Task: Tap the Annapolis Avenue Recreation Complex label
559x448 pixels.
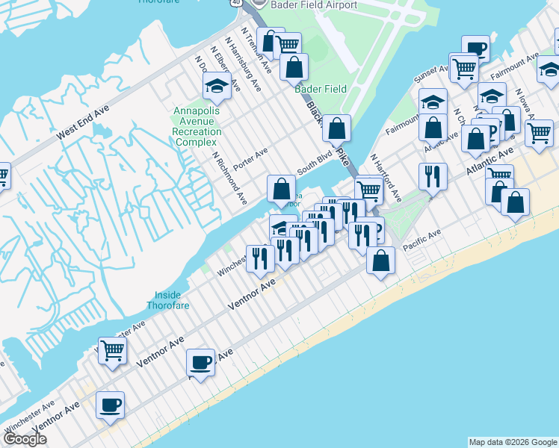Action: (x=197, y=126)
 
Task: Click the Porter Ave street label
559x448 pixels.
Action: (x=250, y=158)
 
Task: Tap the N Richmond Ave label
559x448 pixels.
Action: (x=229, y=179)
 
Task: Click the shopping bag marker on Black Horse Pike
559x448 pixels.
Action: (x=338, y=128)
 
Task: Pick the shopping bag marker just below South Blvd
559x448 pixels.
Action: (x=281, y=187)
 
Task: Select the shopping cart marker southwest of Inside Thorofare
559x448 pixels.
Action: (x=112, y=349)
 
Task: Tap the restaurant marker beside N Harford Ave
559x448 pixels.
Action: (x=433, y=176)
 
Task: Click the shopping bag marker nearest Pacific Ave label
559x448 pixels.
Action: (x=381, y=261)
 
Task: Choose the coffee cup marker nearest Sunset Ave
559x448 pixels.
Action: (x=475, y=49)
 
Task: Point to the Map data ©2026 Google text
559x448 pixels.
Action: (x=512, y=442)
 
